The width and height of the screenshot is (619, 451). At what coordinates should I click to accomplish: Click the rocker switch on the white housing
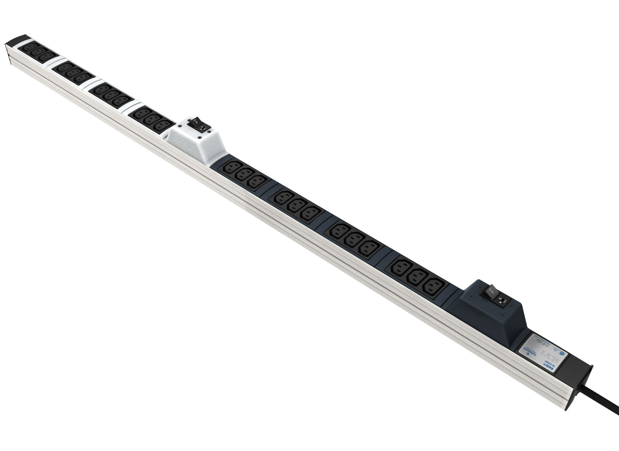pos(199,125)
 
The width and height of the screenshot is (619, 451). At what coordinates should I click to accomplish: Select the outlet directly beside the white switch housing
pos(163,125)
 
